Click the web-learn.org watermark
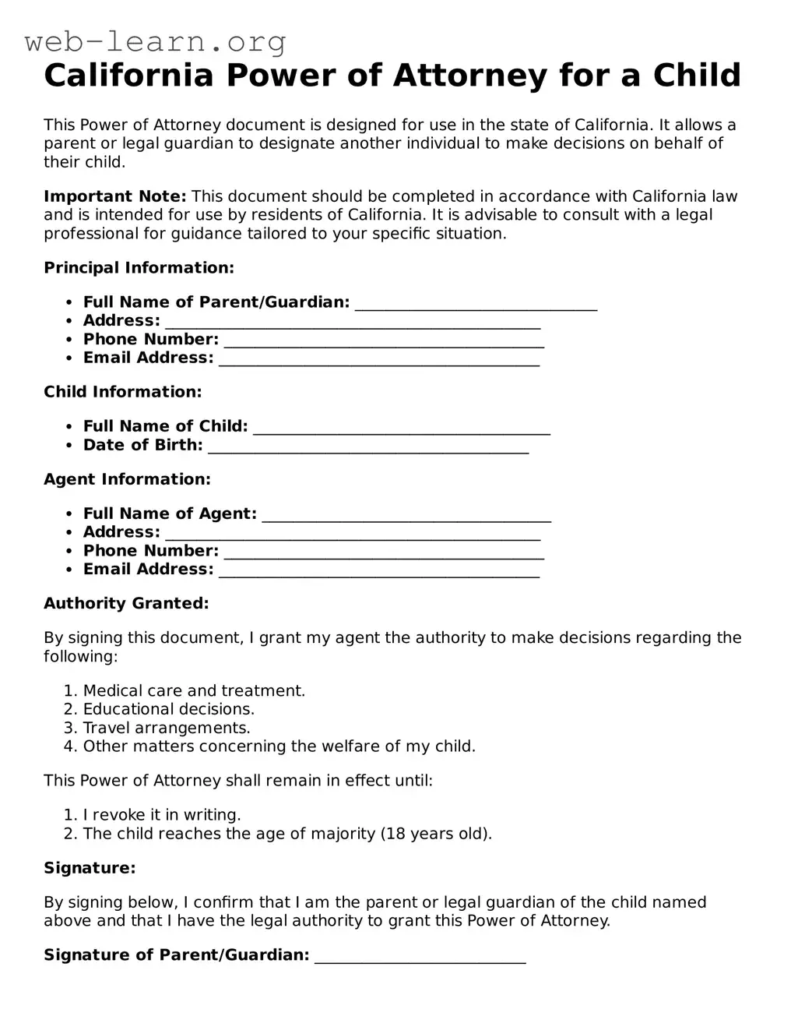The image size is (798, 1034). (x=155, y=41)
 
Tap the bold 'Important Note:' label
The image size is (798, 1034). (x=114, y=196)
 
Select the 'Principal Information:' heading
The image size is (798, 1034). (x=139, y=268)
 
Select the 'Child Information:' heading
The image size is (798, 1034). (x=122, y=392)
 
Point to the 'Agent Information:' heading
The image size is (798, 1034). (x=127, y=479)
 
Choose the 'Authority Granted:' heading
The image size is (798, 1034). (x=126, y=603)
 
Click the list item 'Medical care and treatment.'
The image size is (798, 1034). (x=194, y=691)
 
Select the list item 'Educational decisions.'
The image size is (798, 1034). (x=169, y=709)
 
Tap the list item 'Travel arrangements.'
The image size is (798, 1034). (x=167, y=728)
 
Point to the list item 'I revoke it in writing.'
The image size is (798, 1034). (x=162, y=815)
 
